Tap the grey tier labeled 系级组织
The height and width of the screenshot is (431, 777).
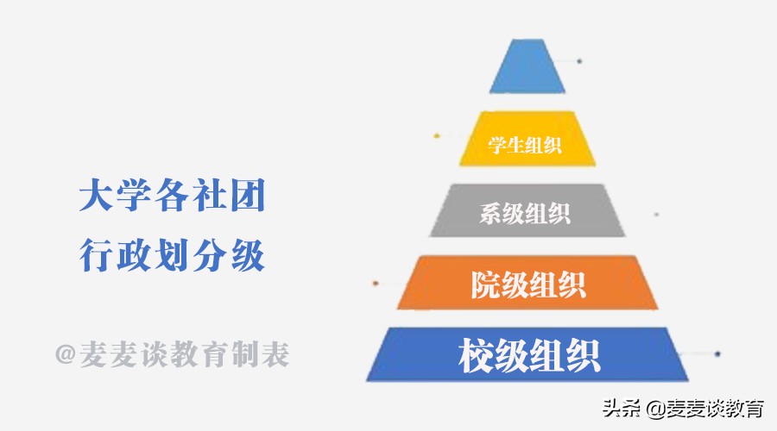527,211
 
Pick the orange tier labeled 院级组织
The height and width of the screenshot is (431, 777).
527,283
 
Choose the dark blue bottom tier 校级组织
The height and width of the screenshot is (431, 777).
527,354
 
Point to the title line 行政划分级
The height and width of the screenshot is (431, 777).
171,256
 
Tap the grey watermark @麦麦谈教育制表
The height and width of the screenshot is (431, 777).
171,353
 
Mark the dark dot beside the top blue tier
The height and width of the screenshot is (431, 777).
579,61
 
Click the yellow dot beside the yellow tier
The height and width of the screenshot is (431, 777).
438,135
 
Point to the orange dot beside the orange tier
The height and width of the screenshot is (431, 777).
375,283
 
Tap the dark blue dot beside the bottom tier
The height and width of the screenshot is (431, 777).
717,353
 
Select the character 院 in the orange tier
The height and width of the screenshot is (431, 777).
485,284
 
